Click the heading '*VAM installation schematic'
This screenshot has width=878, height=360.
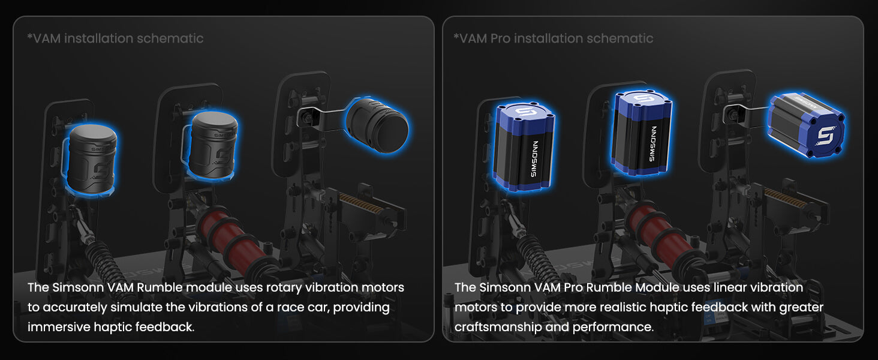pyautogui.click(x=115, y=38)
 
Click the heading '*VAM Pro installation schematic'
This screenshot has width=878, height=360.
pyautogui.click(x=553, y=38)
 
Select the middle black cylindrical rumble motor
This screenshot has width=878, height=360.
pyautogui.click(x=212, y=145)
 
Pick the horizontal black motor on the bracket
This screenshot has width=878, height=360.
pyautogui.click(x=377, y=125)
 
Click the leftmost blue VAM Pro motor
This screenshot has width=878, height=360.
pyautogui.click(x=524, y=147)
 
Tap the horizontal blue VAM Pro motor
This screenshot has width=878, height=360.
pyautogui.click(x=806, y=125)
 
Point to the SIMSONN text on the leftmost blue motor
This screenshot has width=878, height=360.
pyautogui.click(x=534, y=159)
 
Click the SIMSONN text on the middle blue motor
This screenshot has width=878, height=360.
pyautogui.click(x=653, y=143)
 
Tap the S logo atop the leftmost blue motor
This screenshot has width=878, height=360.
pyautogui.click(x=525, y=112)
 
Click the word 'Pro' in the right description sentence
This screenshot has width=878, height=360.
pyautogui.click(x=573, y=287)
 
